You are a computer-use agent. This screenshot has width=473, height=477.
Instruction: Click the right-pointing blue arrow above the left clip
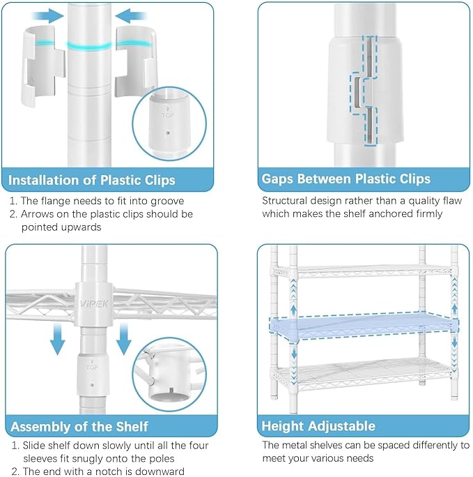(x=48, y=15)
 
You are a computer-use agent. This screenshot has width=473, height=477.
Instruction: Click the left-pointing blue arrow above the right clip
(x=131, y=15)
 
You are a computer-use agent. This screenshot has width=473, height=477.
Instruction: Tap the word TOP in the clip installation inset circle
(x=168, y=115)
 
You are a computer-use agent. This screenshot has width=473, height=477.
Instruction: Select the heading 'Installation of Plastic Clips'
(x=92, y=180)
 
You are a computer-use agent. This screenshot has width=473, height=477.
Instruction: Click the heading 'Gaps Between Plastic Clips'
(x=346, y=179)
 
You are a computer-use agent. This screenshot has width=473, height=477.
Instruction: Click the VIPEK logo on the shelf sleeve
(x=93, y=303)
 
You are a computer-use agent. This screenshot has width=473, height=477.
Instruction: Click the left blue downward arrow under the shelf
(x=57, y=339)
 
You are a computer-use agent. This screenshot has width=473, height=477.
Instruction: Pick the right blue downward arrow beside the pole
(x=123, y=339)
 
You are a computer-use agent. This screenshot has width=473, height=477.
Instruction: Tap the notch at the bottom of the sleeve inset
(x=171, y=391)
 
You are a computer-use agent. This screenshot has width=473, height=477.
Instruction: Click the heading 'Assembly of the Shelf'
(x=79, y=427)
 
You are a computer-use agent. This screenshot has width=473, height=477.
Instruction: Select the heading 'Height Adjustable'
(x=318, y=426)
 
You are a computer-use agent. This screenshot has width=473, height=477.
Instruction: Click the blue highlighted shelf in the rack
(x=364, y=327)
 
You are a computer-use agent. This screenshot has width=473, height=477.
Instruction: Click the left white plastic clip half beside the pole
(x=42, y=65)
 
